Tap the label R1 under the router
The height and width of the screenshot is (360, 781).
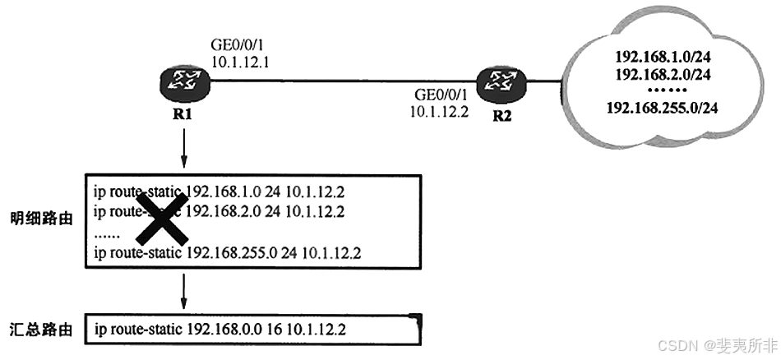pyautogui.click(x=183, y=114)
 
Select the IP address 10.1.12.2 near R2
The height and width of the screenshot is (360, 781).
pyautogui.click(x=438, y=112)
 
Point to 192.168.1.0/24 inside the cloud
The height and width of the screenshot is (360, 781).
pyautogui.click(x=663, y=58)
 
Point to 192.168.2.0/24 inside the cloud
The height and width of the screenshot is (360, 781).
pyautogui.click(x=663, y=74)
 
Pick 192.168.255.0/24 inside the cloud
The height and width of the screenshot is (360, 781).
pyautogui.click(x=663, y=107)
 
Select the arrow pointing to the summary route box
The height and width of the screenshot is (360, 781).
pyautogui.click(x=183, y=289)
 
